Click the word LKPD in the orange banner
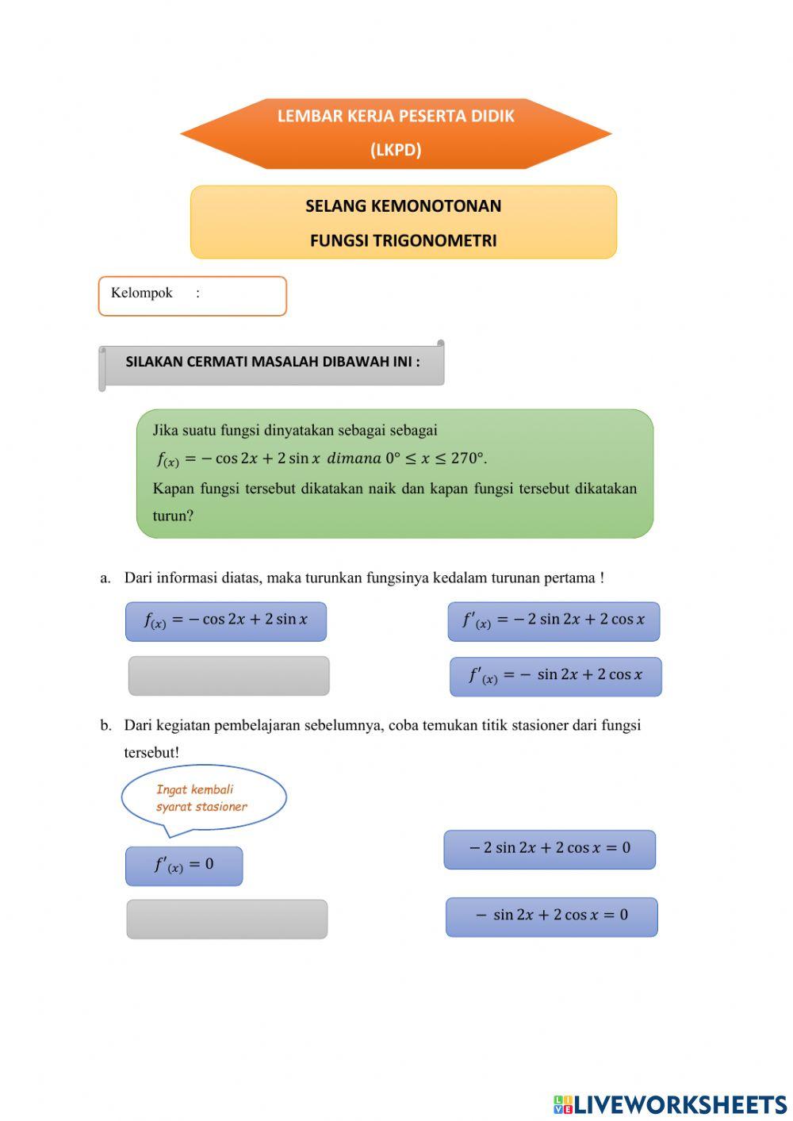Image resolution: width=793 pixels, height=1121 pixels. point(396,149)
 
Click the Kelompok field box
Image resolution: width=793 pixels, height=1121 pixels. point(192,296)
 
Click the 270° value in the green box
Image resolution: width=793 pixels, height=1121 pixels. point(466,458)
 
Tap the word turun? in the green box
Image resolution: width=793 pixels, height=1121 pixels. point(173,516)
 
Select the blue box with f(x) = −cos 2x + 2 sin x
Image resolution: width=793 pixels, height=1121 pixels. point(226,621)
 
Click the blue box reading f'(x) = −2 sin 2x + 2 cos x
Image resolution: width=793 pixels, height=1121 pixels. point(554,621)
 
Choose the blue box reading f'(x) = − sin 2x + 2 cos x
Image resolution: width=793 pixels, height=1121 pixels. point(555,677)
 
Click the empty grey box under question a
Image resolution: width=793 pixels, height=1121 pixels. point(228,676)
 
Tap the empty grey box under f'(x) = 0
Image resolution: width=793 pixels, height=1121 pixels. point(227,919)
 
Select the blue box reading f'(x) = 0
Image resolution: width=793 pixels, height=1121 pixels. point(184,866)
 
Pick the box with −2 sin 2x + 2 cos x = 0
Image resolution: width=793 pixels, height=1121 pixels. point(550,849)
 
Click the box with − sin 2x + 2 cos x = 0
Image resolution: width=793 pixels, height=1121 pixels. point(551,916)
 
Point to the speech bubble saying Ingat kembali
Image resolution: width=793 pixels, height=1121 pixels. point(203,798)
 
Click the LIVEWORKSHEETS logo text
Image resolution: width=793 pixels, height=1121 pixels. point(679,1104)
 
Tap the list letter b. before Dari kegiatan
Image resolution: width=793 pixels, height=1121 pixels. point(105,725)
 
